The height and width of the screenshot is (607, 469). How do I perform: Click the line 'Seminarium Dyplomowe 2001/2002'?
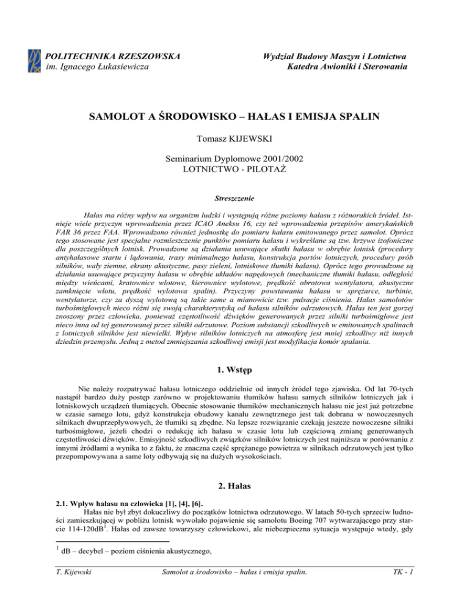pyautogui.click(x=234, y=162)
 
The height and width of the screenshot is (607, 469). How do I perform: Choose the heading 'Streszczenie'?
pyautogui.click(x=234, y=198)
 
